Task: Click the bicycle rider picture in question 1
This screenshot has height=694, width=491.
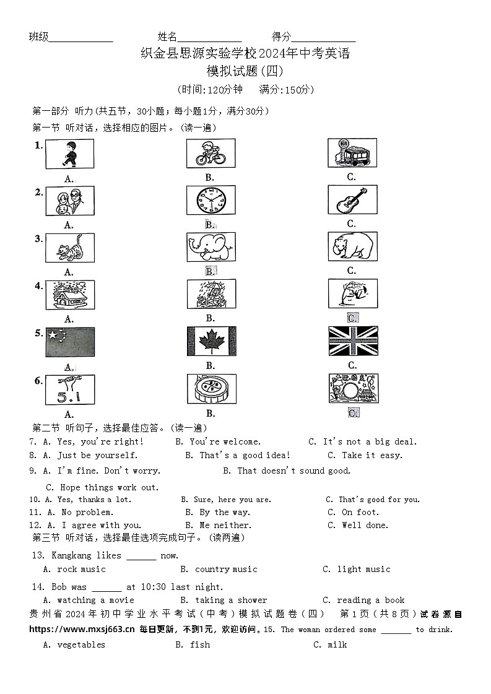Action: coord(211,154)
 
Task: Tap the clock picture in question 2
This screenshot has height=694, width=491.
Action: coord(211,201)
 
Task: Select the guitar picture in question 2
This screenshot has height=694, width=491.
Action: coord(352,200)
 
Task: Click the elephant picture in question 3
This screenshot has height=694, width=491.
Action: coord(211,247)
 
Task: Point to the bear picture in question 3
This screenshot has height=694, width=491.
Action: coord(352,247)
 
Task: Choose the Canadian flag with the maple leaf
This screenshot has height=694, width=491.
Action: coord(211,341)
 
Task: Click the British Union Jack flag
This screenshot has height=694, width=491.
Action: coord(353,341)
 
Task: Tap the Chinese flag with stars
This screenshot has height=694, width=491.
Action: coord(70,342)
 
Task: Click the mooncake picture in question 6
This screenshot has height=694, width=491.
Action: coord(211,389)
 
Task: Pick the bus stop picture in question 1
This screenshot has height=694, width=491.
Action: coord(352,153)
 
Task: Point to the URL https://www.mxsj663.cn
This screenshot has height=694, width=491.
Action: coord(82,630)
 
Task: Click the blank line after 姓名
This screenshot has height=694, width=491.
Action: coord(209,37)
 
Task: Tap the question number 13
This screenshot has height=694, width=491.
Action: coord(38,556)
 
